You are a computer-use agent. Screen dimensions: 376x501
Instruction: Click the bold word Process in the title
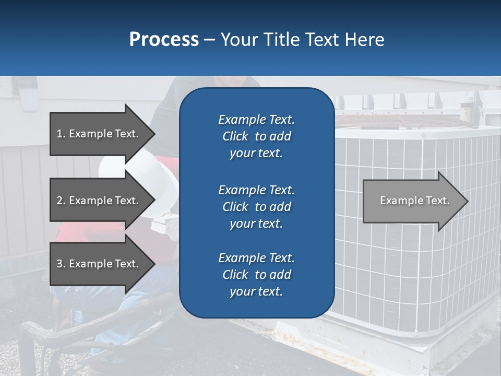pos(164,40)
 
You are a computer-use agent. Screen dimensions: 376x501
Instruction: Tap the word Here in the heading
pos(365,40)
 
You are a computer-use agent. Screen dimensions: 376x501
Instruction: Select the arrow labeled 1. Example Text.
pos(99,134)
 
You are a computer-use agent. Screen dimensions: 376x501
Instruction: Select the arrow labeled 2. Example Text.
pos(99,201)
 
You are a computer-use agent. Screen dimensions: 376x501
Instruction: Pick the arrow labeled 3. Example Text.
pos(99,264)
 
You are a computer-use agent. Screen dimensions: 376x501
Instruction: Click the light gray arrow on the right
pos(412,201)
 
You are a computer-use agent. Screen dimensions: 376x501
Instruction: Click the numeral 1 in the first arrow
pos(59,134)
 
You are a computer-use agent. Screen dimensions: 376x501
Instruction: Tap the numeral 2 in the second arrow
pos(59,201)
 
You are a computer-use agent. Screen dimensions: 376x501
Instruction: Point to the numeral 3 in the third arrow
pos(59,264)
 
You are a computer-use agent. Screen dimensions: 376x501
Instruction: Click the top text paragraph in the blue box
pos(256,136)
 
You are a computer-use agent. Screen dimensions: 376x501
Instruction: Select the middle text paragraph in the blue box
pos(256,207)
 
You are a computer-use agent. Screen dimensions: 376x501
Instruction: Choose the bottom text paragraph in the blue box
pos(256,275)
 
